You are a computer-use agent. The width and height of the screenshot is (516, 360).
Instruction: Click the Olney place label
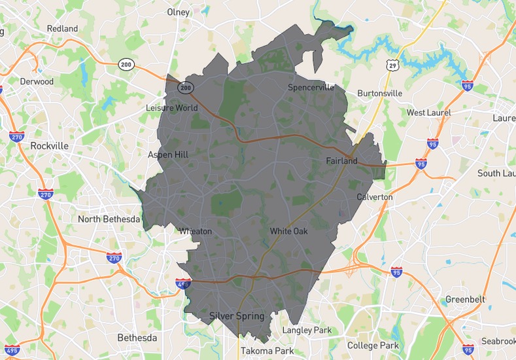(178, 12)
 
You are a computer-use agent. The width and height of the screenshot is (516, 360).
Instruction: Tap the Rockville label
(49, 146)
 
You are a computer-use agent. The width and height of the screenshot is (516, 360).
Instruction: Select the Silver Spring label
(237, 316)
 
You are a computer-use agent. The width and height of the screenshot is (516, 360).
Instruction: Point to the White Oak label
(288, 231)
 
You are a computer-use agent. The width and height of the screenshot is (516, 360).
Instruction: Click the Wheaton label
(196, 231)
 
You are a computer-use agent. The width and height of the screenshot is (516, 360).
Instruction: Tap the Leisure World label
(171, 107)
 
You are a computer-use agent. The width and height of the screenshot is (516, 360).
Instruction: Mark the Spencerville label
(311, 87)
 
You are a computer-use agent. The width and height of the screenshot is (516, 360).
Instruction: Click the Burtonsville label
(379, 93)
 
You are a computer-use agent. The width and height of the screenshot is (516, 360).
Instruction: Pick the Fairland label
(341, 160)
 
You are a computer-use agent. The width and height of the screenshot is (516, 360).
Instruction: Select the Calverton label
(375, 197)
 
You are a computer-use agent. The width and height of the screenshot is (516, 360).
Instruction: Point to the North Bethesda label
(109, 219)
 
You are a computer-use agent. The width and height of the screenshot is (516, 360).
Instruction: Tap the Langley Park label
(307, 331)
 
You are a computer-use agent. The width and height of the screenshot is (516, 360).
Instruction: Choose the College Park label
(373, 345)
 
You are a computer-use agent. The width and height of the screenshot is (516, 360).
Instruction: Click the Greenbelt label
(465, 299)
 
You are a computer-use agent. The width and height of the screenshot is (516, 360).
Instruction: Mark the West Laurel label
(428, 113)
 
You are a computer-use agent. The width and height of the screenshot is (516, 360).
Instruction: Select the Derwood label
(37, 82)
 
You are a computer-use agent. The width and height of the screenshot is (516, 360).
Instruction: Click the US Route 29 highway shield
(392, 65)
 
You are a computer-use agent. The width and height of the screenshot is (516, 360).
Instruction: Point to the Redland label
(62, 29)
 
